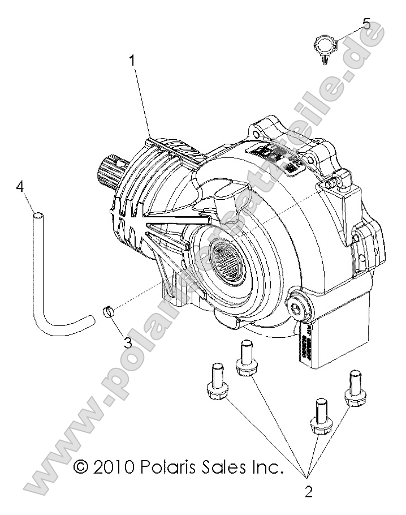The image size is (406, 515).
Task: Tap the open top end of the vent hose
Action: click(x=38, y=215)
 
